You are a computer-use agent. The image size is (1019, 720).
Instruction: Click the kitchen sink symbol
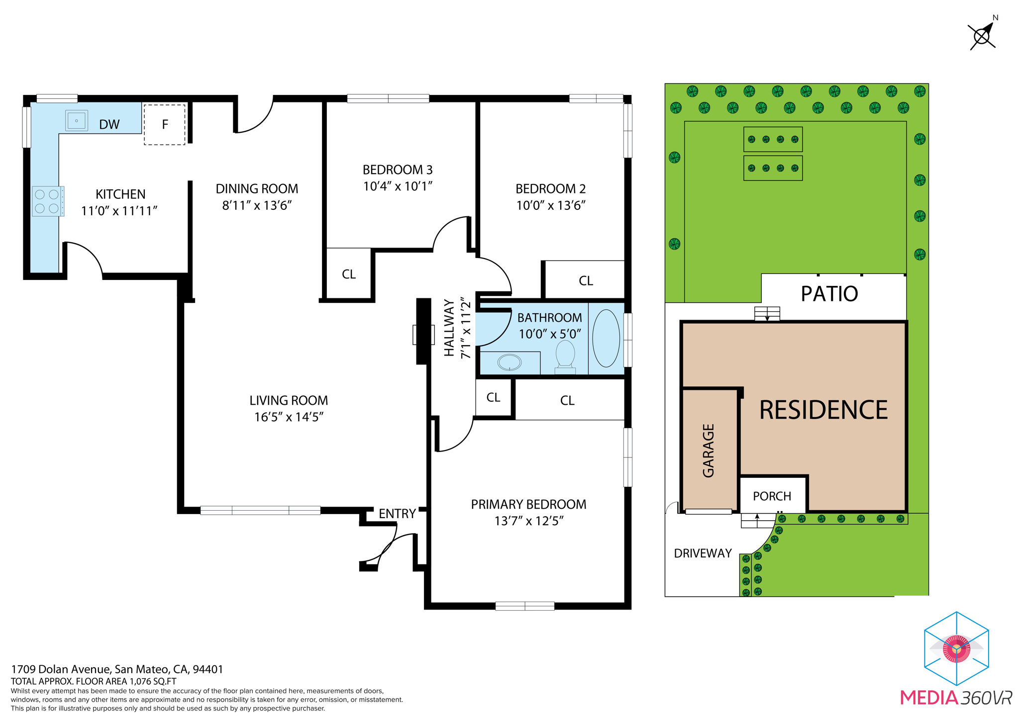[x=77, y=121]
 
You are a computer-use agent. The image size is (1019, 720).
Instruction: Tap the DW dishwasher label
[x=109, y=124]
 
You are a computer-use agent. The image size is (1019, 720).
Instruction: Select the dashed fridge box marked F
[x=165, y=124]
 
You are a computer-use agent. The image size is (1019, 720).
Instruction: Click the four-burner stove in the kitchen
[x=47, y=201]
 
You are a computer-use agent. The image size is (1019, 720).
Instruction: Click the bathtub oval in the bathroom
[x=606, y=338]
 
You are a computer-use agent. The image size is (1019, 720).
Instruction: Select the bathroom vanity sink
[x=509, y=362]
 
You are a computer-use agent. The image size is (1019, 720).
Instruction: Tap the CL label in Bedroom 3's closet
[x=349, y=274]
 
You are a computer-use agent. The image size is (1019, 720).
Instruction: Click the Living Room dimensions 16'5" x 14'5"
[x=289, y=417]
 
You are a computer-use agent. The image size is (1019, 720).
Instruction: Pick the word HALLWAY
[x=449, y=328]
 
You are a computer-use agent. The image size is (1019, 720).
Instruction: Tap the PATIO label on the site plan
[x=829, y=294]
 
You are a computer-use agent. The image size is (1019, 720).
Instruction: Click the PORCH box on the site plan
[x=772, y=496]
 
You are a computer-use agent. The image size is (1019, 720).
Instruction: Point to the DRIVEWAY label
[x=703, y=553]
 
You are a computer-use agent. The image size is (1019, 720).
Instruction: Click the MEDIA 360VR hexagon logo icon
[x=956, y=648]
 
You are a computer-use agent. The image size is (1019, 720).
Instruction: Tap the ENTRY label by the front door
[x=397, y=514]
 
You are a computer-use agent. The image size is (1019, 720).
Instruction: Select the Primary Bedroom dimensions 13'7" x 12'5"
[x=528, y=521]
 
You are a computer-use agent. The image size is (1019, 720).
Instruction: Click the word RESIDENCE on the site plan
[x=823, y=410]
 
